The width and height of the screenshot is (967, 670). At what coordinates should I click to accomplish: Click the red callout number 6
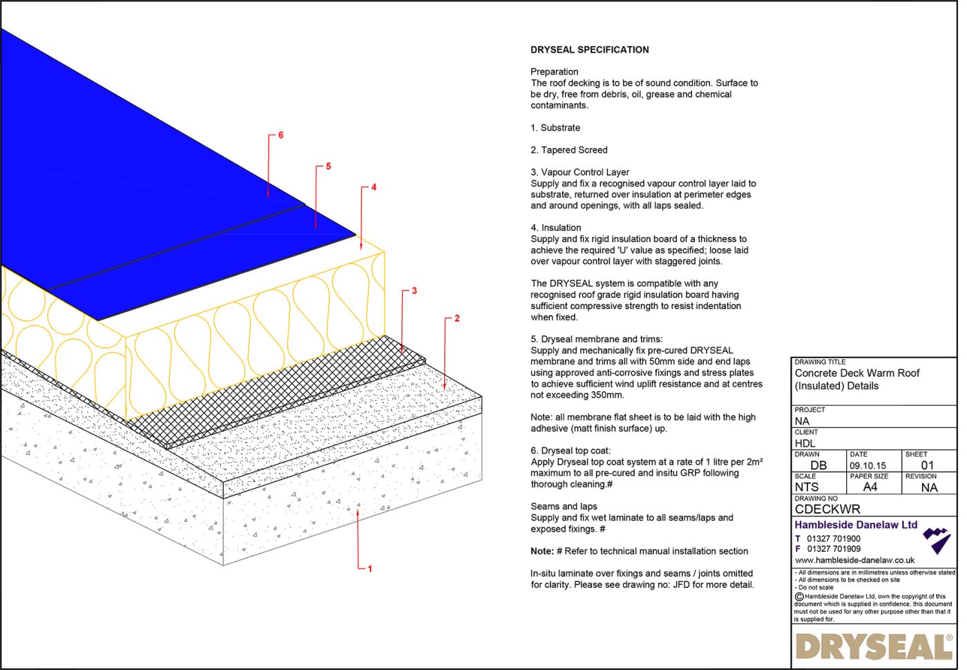(280, 135)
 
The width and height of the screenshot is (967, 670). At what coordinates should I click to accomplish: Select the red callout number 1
(370, 568)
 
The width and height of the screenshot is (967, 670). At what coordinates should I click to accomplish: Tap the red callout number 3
(414, 290)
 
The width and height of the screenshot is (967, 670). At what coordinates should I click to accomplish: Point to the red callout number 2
(457, 318)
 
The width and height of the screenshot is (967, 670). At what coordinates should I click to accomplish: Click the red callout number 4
(374, 187)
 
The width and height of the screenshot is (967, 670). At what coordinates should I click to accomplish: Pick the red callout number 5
(328, 166)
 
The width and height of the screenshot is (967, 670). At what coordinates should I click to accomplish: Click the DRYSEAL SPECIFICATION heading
(589, 50)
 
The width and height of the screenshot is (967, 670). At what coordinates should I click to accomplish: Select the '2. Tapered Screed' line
(568, 150)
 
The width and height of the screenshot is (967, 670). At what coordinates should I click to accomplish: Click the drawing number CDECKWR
(827, 509)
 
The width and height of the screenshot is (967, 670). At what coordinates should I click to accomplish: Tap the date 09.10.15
(868, 465)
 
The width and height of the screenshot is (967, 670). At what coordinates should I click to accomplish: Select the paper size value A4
(870, 487)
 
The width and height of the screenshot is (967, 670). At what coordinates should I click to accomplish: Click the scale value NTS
(806, 487)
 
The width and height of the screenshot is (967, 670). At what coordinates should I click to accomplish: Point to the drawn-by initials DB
(818, 465)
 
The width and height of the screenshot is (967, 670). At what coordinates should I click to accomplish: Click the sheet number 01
(927, 465)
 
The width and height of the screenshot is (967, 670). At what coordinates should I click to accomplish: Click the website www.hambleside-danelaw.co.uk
(854, 560)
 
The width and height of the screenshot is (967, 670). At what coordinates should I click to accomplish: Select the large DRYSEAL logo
(874, 647)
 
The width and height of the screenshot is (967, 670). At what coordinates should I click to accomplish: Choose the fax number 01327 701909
(834, 549)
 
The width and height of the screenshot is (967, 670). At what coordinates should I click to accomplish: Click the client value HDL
(805, 443)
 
